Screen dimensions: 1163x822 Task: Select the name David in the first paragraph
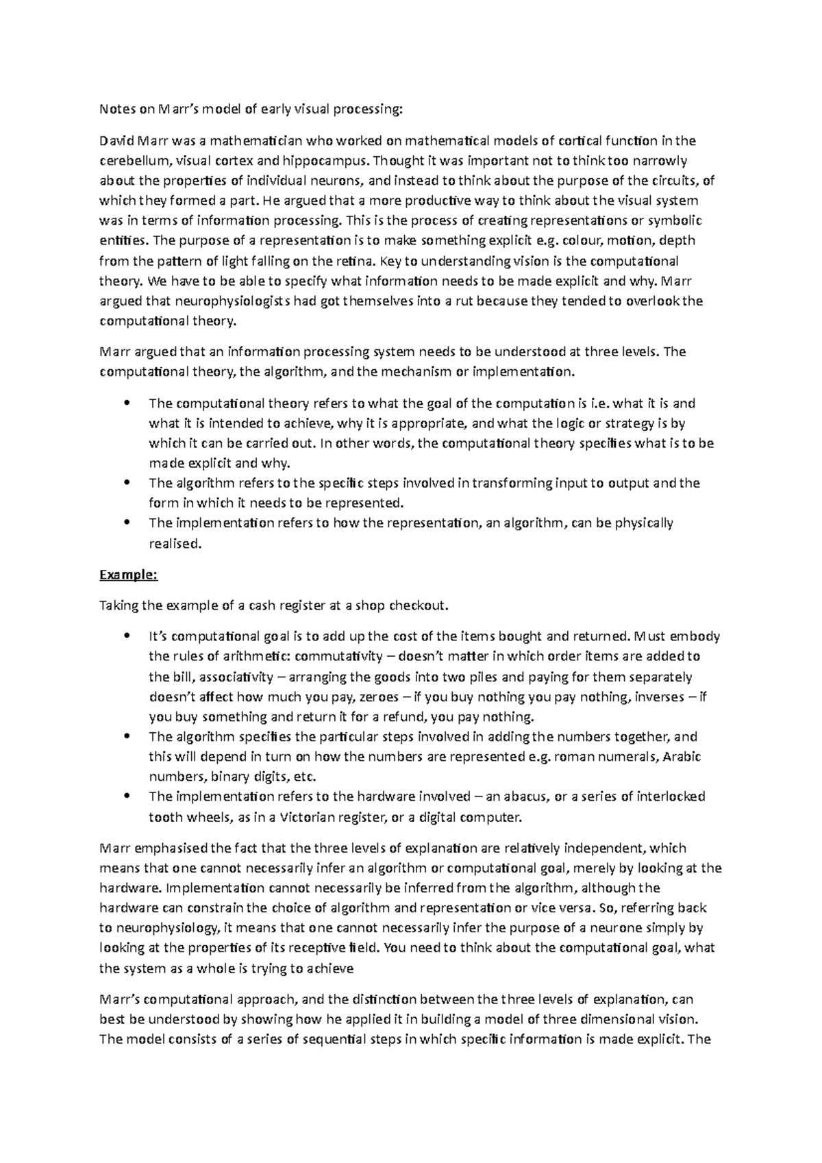point(117,141)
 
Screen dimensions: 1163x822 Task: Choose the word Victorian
point(289,816)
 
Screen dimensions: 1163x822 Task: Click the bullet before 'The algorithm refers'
point(127,482)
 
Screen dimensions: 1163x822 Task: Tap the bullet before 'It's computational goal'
point(127,636)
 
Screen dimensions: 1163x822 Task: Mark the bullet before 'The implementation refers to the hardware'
point(127,797)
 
